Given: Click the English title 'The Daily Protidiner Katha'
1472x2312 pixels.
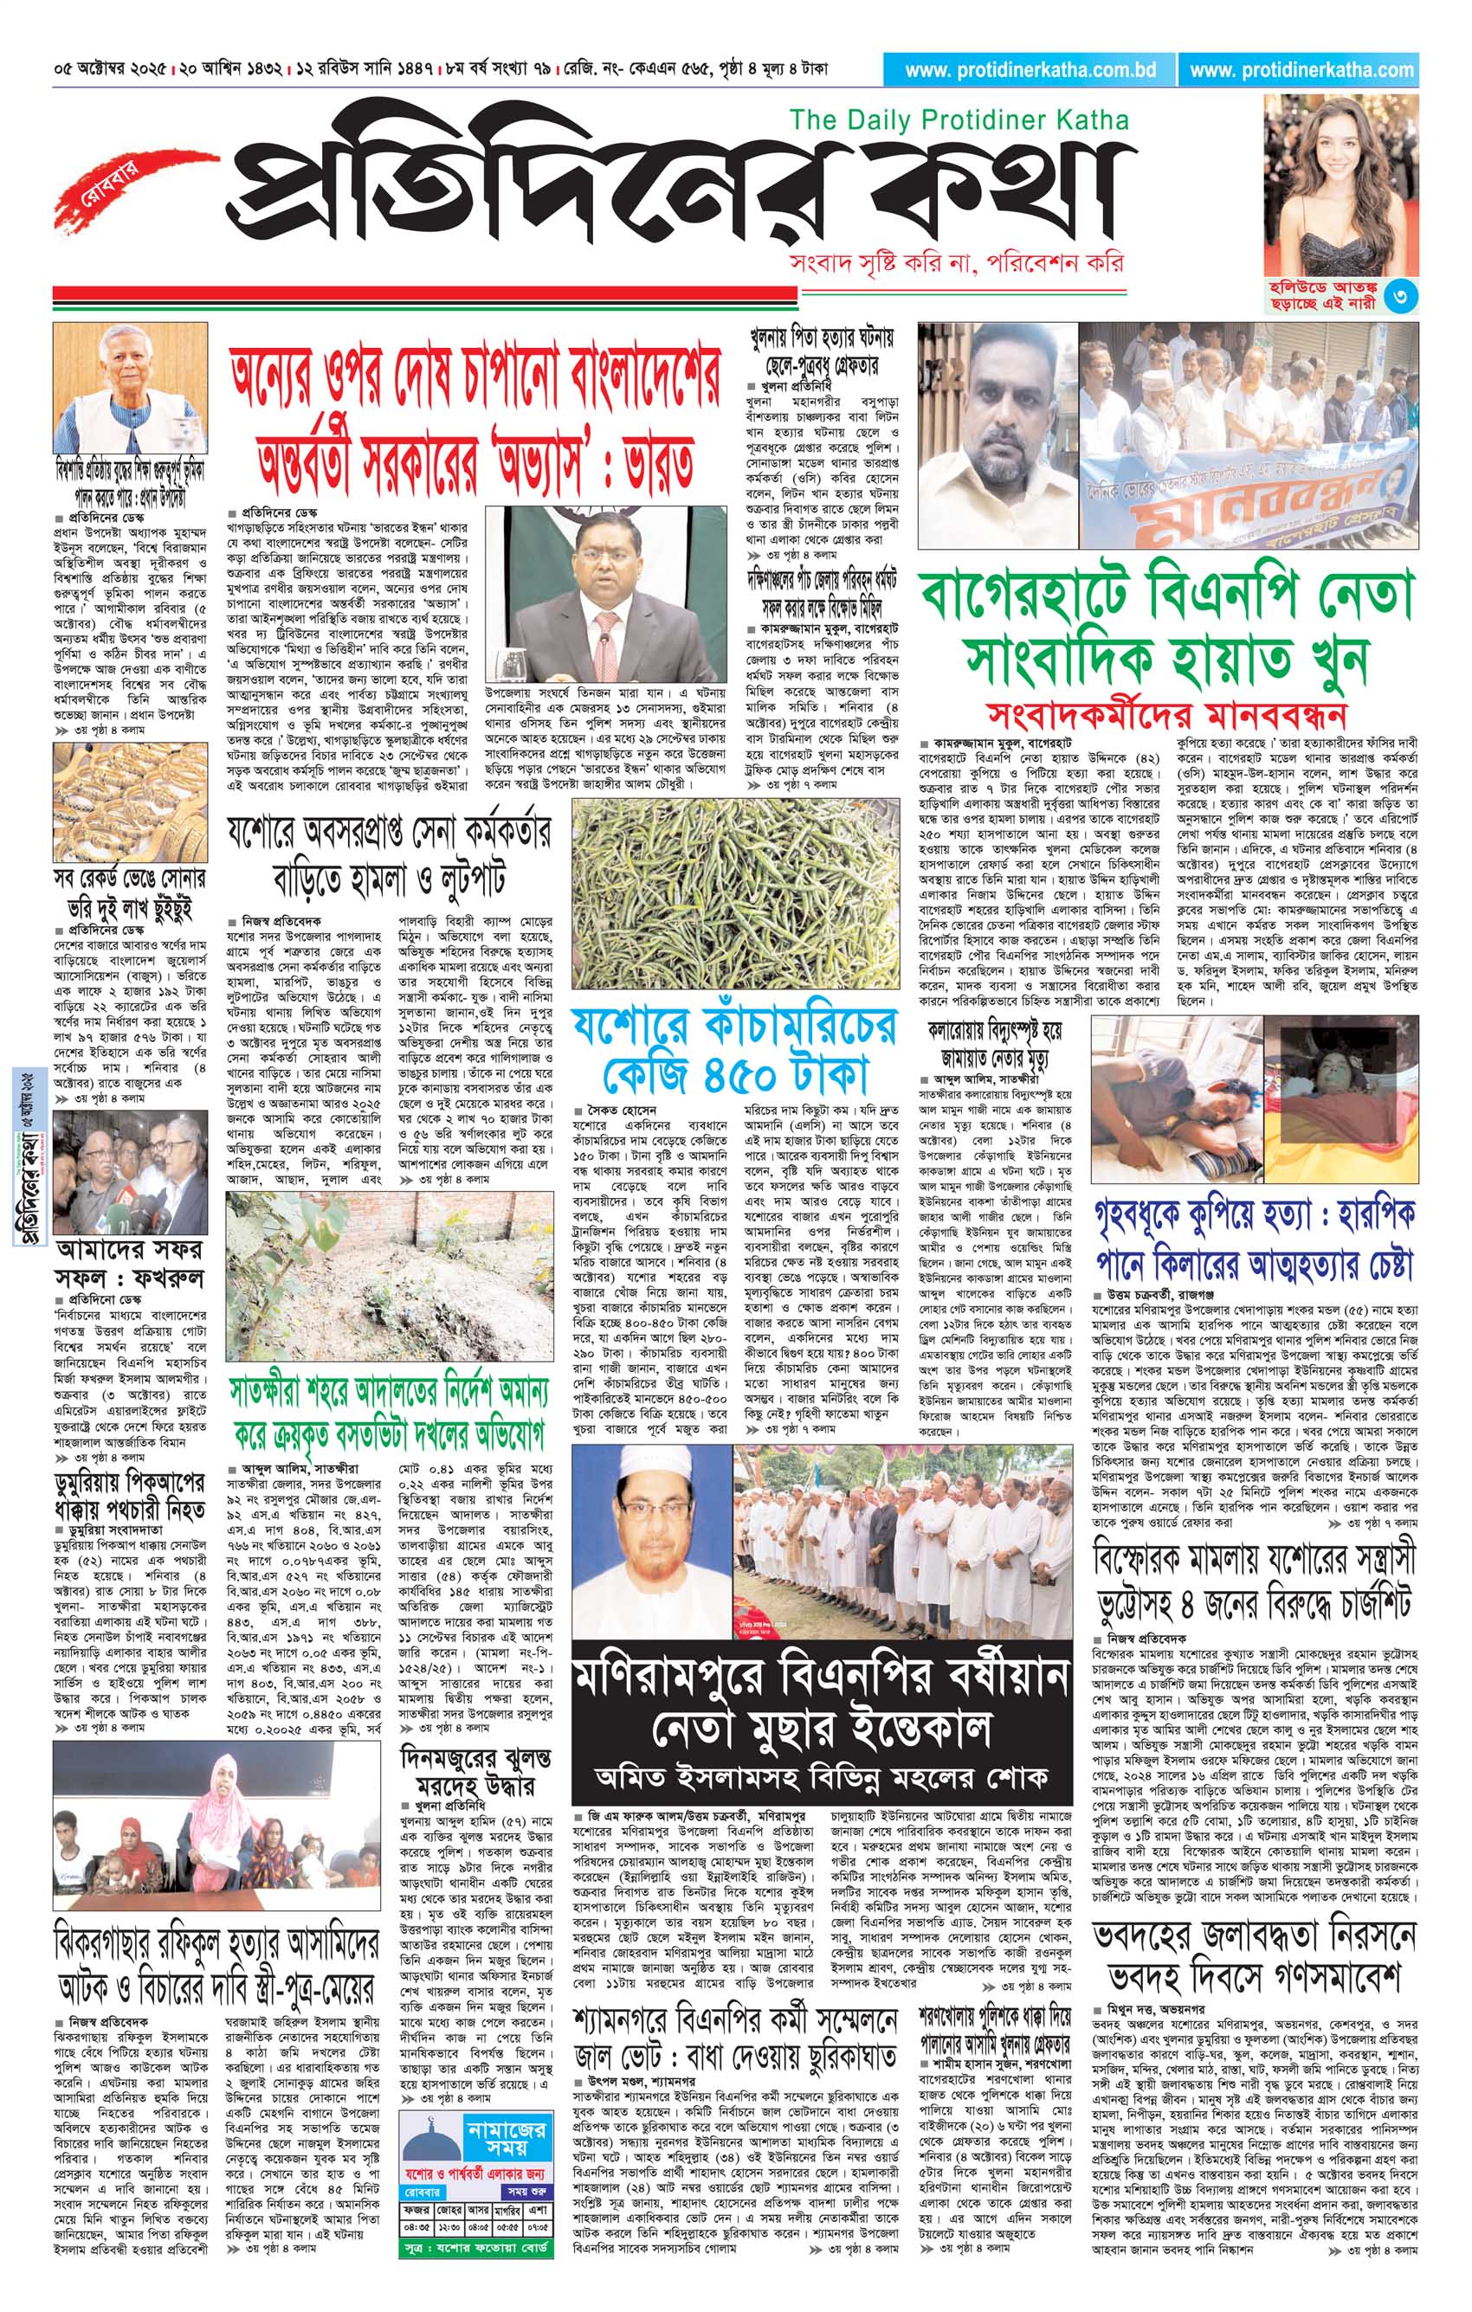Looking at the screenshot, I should [x=959, y=120].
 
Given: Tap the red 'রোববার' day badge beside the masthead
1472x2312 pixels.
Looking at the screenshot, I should [x=97, y=184].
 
